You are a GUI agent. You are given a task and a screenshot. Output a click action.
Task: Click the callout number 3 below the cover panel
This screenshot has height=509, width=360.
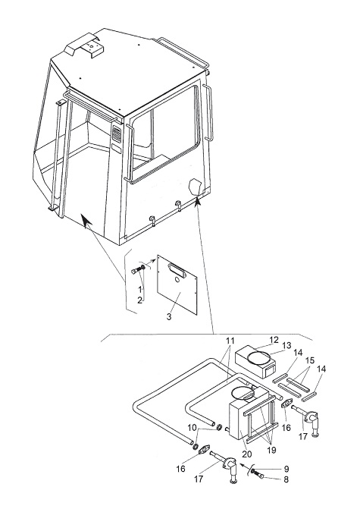click(169, 317)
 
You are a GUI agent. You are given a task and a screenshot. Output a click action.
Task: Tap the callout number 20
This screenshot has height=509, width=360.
click(247, 454)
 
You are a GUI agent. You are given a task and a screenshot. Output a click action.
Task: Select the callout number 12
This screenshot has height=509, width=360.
click(274, 340)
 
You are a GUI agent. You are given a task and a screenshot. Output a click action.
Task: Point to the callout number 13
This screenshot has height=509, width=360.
click(286, 345)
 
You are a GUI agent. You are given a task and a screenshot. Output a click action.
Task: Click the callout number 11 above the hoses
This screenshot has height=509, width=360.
click(230, 341)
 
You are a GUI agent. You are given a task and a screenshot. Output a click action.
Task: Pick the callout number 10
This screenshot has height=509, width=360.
click(193, 428)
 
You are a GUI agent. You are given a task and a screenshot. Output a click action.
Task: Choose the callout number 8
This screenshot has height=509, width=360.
click(286, 479)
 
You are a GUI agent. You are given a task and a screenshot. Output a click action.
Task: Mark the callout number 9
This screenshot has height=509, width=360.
click(286, 469)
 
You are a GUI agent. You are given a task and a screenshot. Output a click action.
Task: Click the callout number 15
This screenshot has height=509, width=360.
click(310, 360)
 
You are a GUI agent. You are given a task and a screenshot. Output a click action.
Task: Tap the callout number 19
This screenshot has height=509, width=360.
click(271, 450)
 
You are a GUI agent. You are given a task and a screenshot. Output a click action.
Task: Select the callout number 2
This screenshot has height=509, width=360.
click(139, 300)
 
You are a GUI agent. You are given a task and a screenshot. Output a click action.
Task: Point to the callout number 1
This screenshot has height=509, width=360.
click(139, 289)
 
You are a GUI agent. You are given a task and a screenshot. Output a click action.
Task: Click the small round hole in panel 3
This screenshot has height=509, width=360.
click(177, 279)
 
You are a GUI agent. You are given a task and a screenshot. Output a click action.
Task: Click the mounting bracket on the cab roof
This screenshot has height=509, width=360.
click(85, 48)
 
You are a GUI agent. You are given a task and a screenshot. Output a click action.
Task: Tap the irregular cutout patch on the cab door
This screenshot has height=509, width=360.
click(196, 187)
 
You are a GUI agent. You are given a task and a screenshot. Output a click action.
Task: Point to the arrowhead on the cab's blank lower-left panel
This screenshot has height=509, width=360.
click(86, 221)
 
